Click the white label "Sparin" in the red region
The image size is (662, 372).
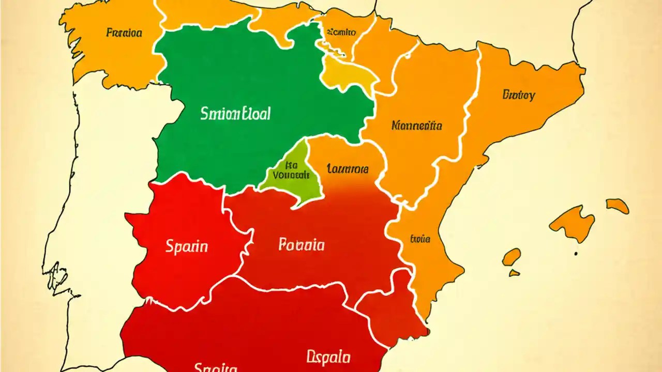[x=187, y=246]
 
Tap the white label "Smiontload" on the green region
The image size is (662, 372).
[x=235, y=114]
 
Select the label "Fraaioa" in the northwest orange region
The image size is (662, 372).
[x=124, y=33]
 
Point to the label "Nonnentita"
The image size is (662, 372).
[x=417, y=125]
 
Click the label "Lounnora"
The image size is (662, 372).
[x=348, y=168]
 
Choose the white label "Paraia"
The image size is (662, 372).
[x=302, y=244]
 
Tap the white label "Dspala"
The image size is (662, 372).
[x=328, y=357]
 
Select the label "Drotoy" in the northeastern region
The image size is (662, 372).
[x=518, y=95]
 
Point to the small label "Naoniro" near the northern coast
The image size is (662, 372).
[x=341, y=32]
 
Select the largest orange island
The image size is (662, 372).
[x=573, y=223]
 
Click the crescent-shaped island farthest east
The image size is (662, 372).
[x=618, y=206]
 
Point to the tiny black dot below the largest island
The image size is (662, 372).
[x=576, y=254]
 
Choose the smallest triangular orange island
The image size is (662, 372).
[x=514, y=272]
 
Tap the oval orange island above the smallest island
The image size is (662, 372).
[x=511, y=256]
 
